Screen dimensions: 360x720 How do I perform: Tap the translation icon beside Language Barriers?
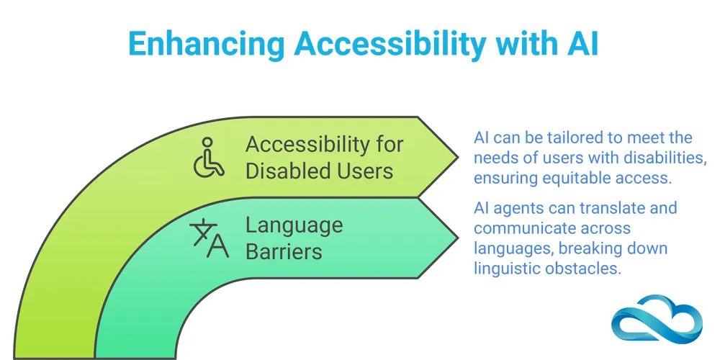pos(208,239)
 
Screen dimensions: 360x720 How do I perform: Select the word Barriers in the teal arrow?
pos(283,251)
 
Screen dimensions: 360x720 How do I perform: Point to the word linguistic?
pos(505,268)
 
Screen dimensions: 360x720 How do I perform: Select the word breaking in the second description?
pos(600,248)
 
